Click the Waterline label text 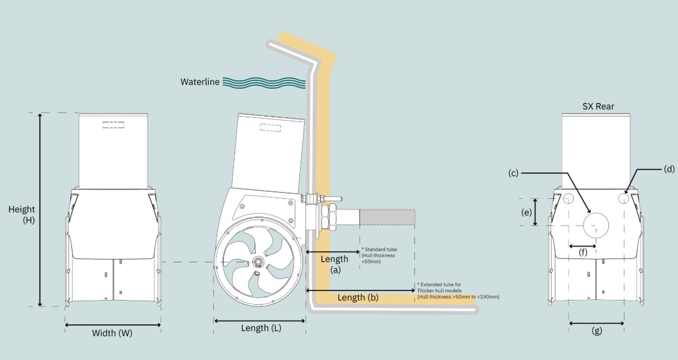click(x=200, y=82)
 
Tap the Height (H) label click(x=21, y=214)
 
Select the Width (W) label click(x=112, y=333)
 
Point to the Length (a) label click(x=334, y=264)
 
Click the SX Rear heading click(x=598, y=107)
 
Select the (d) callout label click(x=669, y=169)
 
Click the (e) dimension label click(x=526, y=212)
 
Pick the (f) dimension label click(x=583, y=252)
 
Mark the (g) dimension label click(x=596, y=331)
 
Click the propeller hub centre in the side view click(x=259, y=262)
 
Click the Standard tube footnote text click(x=379, y=255)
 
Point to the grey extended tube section click(x=387, y=217)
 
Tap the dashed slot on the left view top click(x=112, y=125)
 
